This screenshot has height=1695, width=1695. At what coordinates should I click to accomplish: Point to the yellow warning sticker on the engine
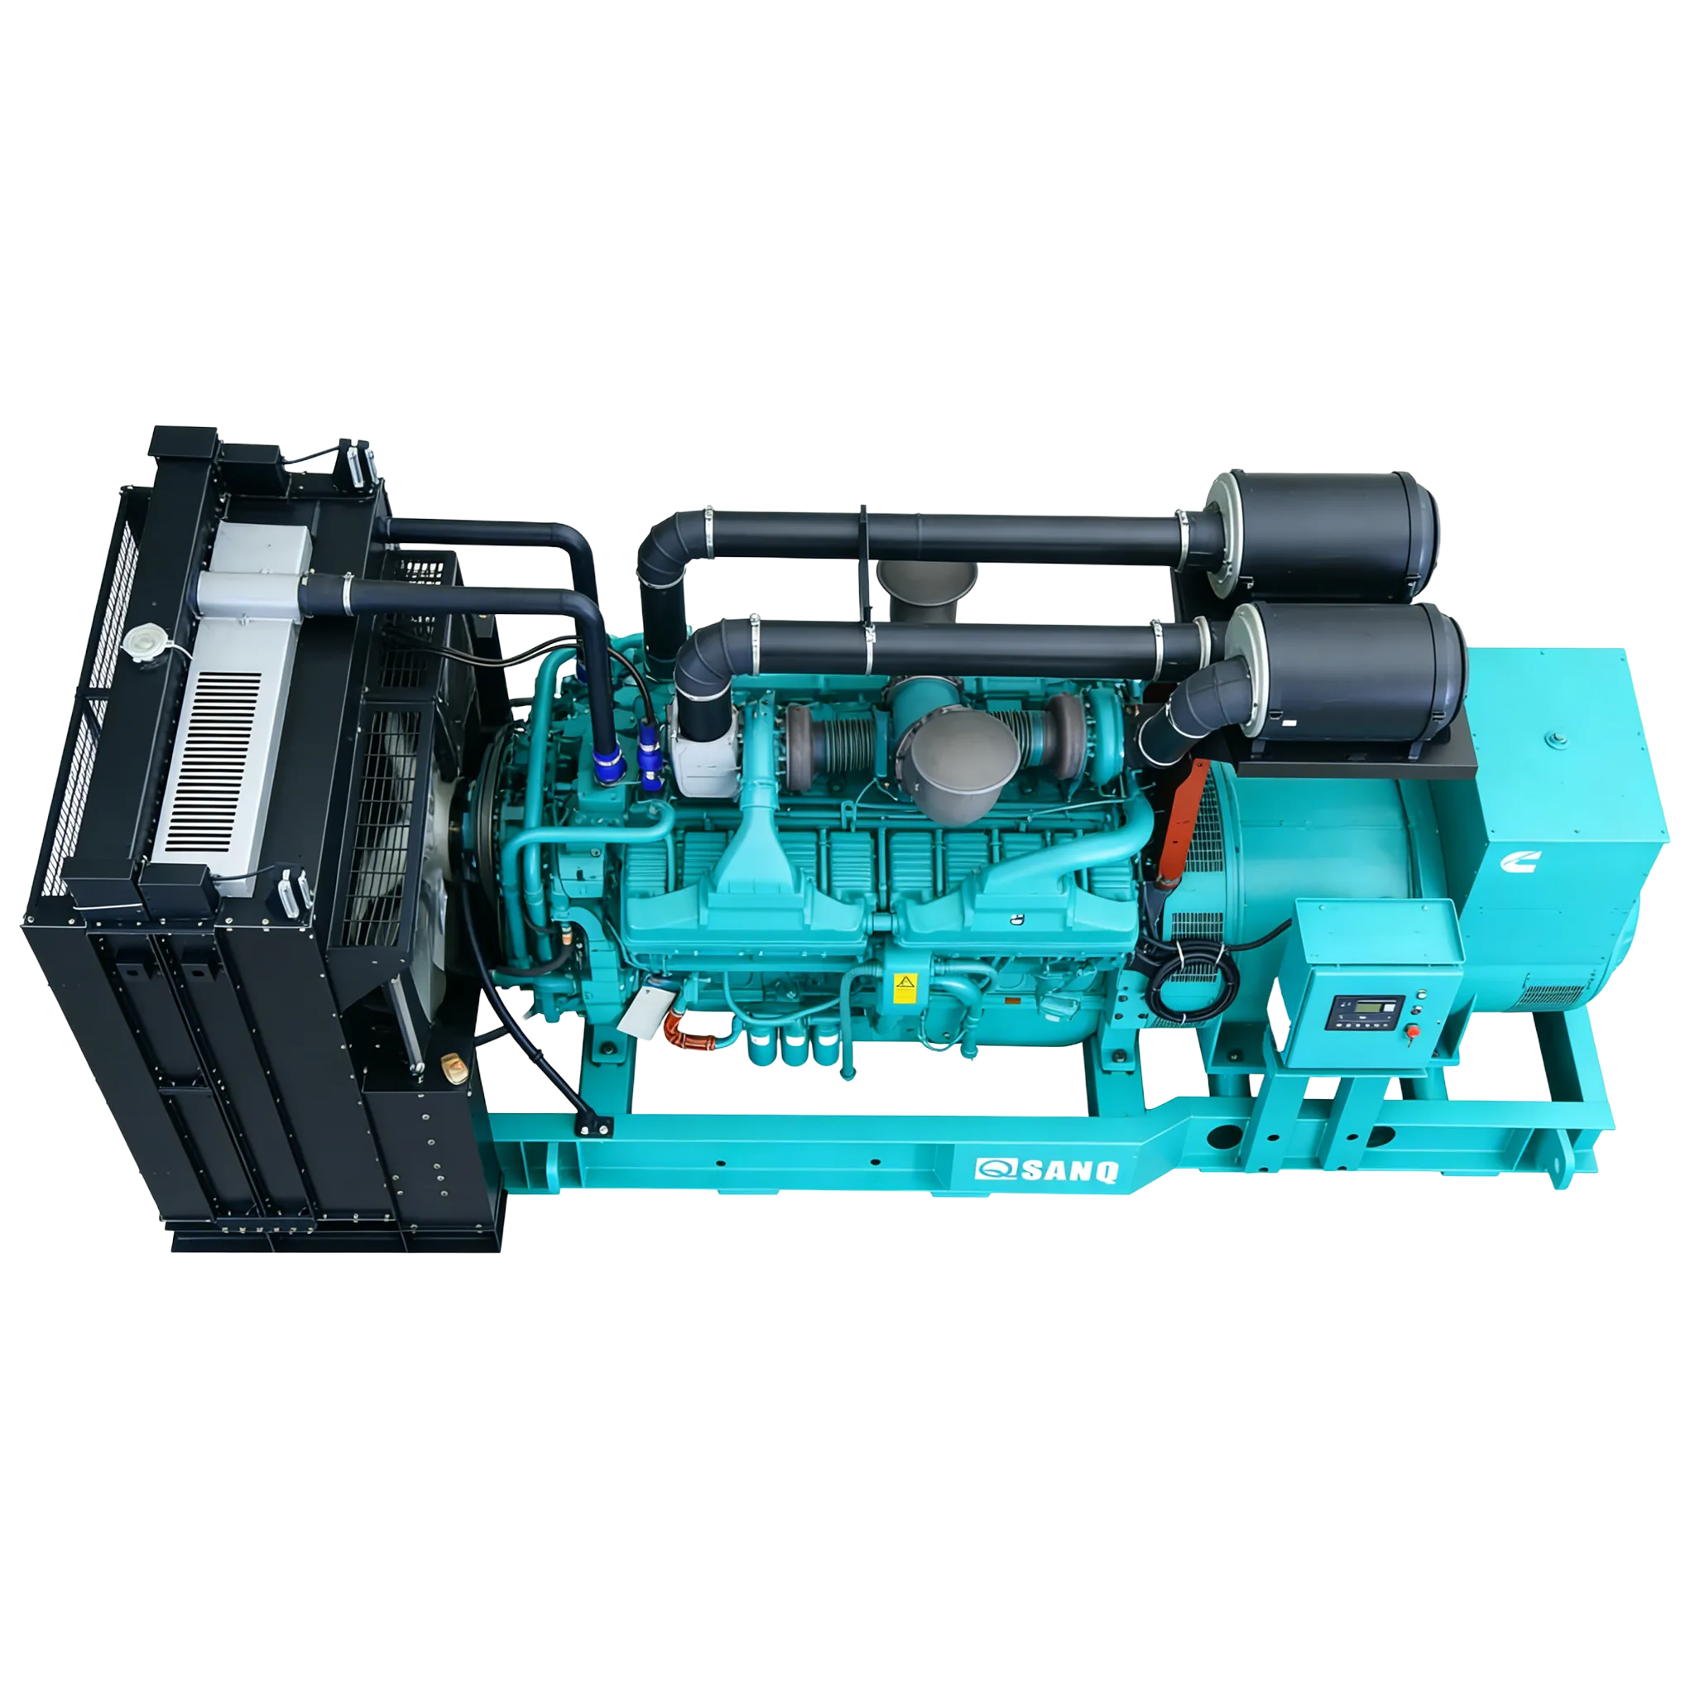tap(902, 987)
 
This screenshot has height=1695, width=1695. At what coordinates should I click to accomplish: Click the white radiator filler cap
tap(141, 639)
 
